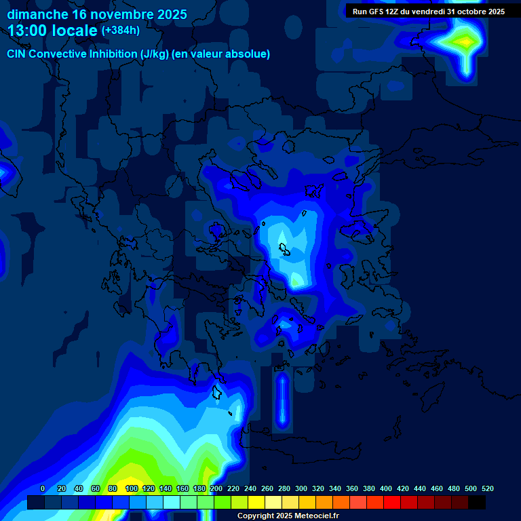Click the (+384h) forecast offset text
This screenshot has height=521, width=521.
pos(120,31)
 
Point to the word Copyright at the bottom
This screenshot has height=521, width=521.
pos(256,516)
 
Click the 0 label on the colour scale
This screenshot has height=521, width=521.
pos(43,488)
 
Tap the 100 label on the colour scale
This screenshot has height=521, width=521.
pos(132,488)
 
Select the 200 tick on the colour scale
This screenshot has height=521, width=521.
pos(216,488)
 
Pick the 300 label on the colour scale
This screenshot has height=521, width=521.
pos(301,488)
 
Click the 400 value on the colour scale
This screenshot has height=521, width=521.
pos(386,488)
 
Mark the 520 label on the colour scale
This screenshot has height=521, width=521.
pos(488,488)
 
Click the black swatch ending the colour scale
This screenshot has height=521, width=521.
pos(477,503)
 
